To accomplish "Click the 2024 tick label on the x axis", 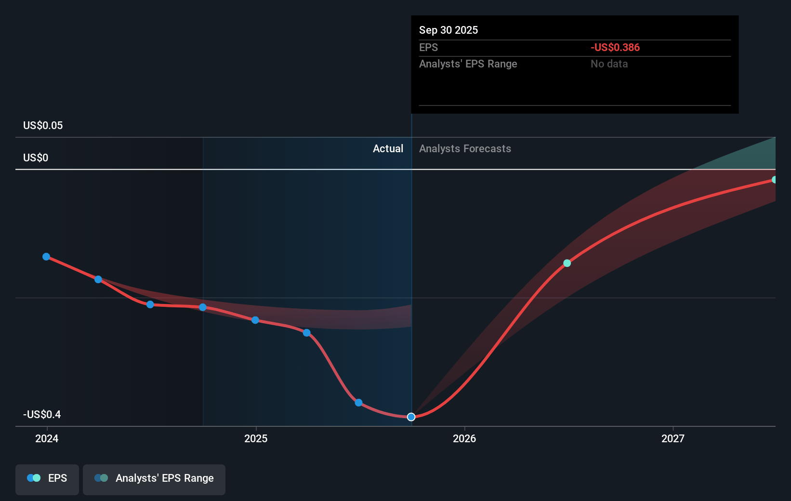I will tap(47, 438).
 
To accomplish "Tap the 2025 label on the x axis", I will tap(256, 438).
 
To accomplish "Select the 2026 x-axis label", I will tap(464, 438).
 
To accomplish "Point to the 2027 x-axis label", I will tap(673, 438).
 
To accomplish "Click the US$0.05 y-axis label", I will tap(43, 125).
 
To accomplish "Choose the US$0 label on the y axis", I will tap(36, 158).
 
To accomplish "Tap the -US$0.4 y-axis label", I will tap(42, 414).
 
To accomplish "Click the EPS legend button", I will tap(47, 478).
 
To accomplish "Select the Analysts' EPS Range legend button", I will tap(154, 478).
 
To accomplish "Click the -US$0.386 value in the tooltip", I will tap(615, 47).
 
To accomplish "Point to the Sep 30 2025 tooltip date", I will tap(448, 30).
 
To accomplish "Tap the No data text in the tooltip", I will tap(609, 64).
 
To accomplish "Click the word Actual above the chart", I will tap(388, 148).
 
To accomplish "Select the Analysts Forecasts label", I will tap(465, 148).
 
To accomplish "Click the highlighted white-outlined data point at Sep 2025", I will tap(411, 417).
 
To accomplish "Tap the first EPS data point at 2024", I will tap(46, 257).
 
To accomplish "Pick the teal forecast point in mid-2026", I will tap(567, 263).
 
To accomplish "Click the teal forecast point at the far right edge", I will tap(774, 180).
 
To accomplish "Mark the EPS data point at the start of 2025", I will tap(255, 320).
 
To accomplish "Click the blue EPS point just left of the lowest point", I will tap(358, 403).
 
